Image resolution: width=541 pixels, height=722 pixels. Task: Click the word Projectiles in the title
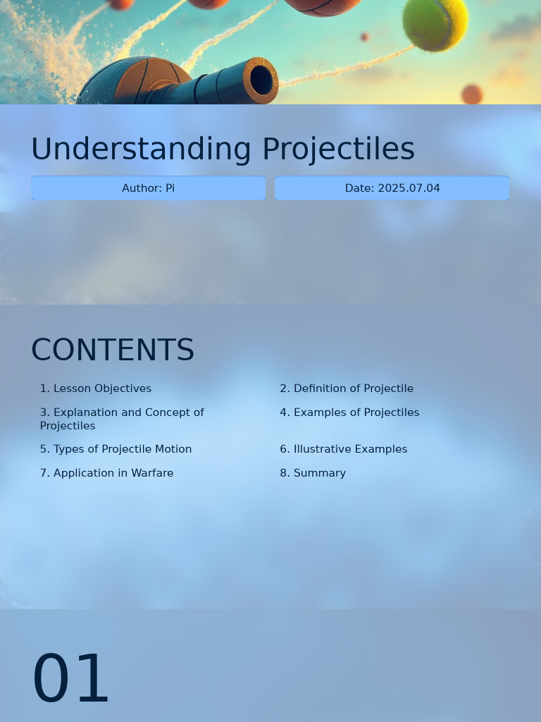(338, 149)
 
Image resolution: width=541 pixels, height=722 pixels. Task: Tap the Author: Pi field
(148, 188)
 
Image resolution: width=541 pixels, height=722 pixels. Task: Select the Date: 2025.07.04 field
(392, 188)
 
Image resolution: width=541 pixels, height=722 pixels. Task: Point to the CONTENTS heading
(113, 350)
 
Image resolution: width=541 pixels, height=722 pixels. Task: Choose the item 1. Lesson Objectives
(96, 388)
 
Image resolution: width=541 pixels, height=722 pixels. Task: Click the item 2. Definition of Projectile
(347, 388)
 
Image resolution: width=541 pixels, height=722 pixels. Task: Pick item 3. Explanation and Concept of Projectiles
(122, 419)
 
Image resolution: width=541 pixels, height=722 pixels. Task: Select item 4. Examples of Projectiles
(349, 412)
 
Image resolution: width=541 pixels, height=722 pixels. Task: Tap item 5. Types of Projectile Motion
(116, 449)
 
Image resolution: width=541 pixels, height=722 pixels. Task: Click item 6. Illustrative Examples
(344, 449)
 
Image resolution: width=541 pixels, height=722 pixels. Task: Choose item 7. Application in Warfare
(106, 473)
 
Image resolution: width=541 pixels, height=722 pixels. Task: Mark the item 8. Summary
(313, 473)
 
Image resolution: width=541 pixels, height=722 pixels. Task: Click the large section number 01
(71, 679)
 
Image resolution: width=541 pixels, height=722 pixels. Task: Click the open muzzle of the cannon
(261, 80)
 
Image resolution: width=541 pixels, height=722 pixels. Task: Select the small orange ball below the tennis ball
(472, 94)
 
